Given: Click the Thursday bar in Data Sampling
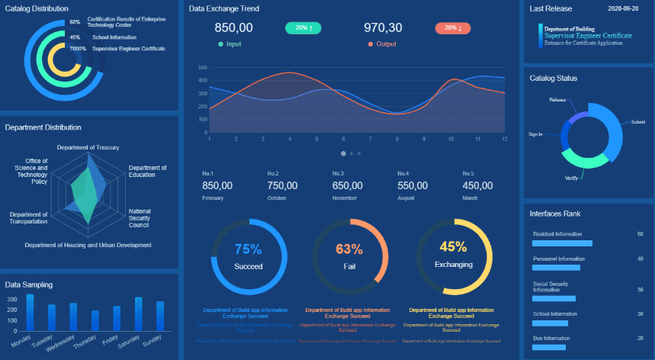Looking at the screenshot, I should point(95,320).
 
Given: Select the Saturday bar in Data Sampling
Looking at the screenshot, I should point(138,313).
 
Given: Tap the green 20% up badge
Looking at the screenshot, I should point(303,27).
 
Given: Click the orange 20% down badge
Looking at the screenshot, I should point(453,27).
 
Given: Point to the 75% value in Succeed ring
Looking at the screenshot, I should point(248,249).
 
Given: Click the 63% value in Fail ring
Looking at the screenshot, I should point(349,249).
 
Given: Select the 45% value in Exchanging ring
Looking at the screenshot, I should point(453,246).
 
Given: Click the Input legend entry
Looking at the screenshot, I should point(230,44).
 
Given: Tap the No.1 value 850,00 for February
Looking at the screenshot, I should point(217,185).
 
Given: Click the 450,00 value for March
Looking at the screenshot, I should point(477,185).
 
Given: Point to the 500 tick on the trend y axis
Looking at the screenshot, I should point(203,68).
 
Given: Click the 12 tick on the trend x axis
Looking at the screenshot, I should point(504,139).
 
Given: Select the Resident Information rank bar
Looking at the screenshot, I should point(562,243).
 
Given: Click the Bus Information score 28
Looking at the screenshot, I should point(640,338).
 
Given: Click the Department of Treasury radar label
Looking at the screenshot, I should point(88,147).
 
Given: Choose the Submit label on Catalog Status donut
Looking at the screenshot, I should point(638,121).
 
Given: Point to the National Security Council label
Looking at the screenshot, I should point(140,218).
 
